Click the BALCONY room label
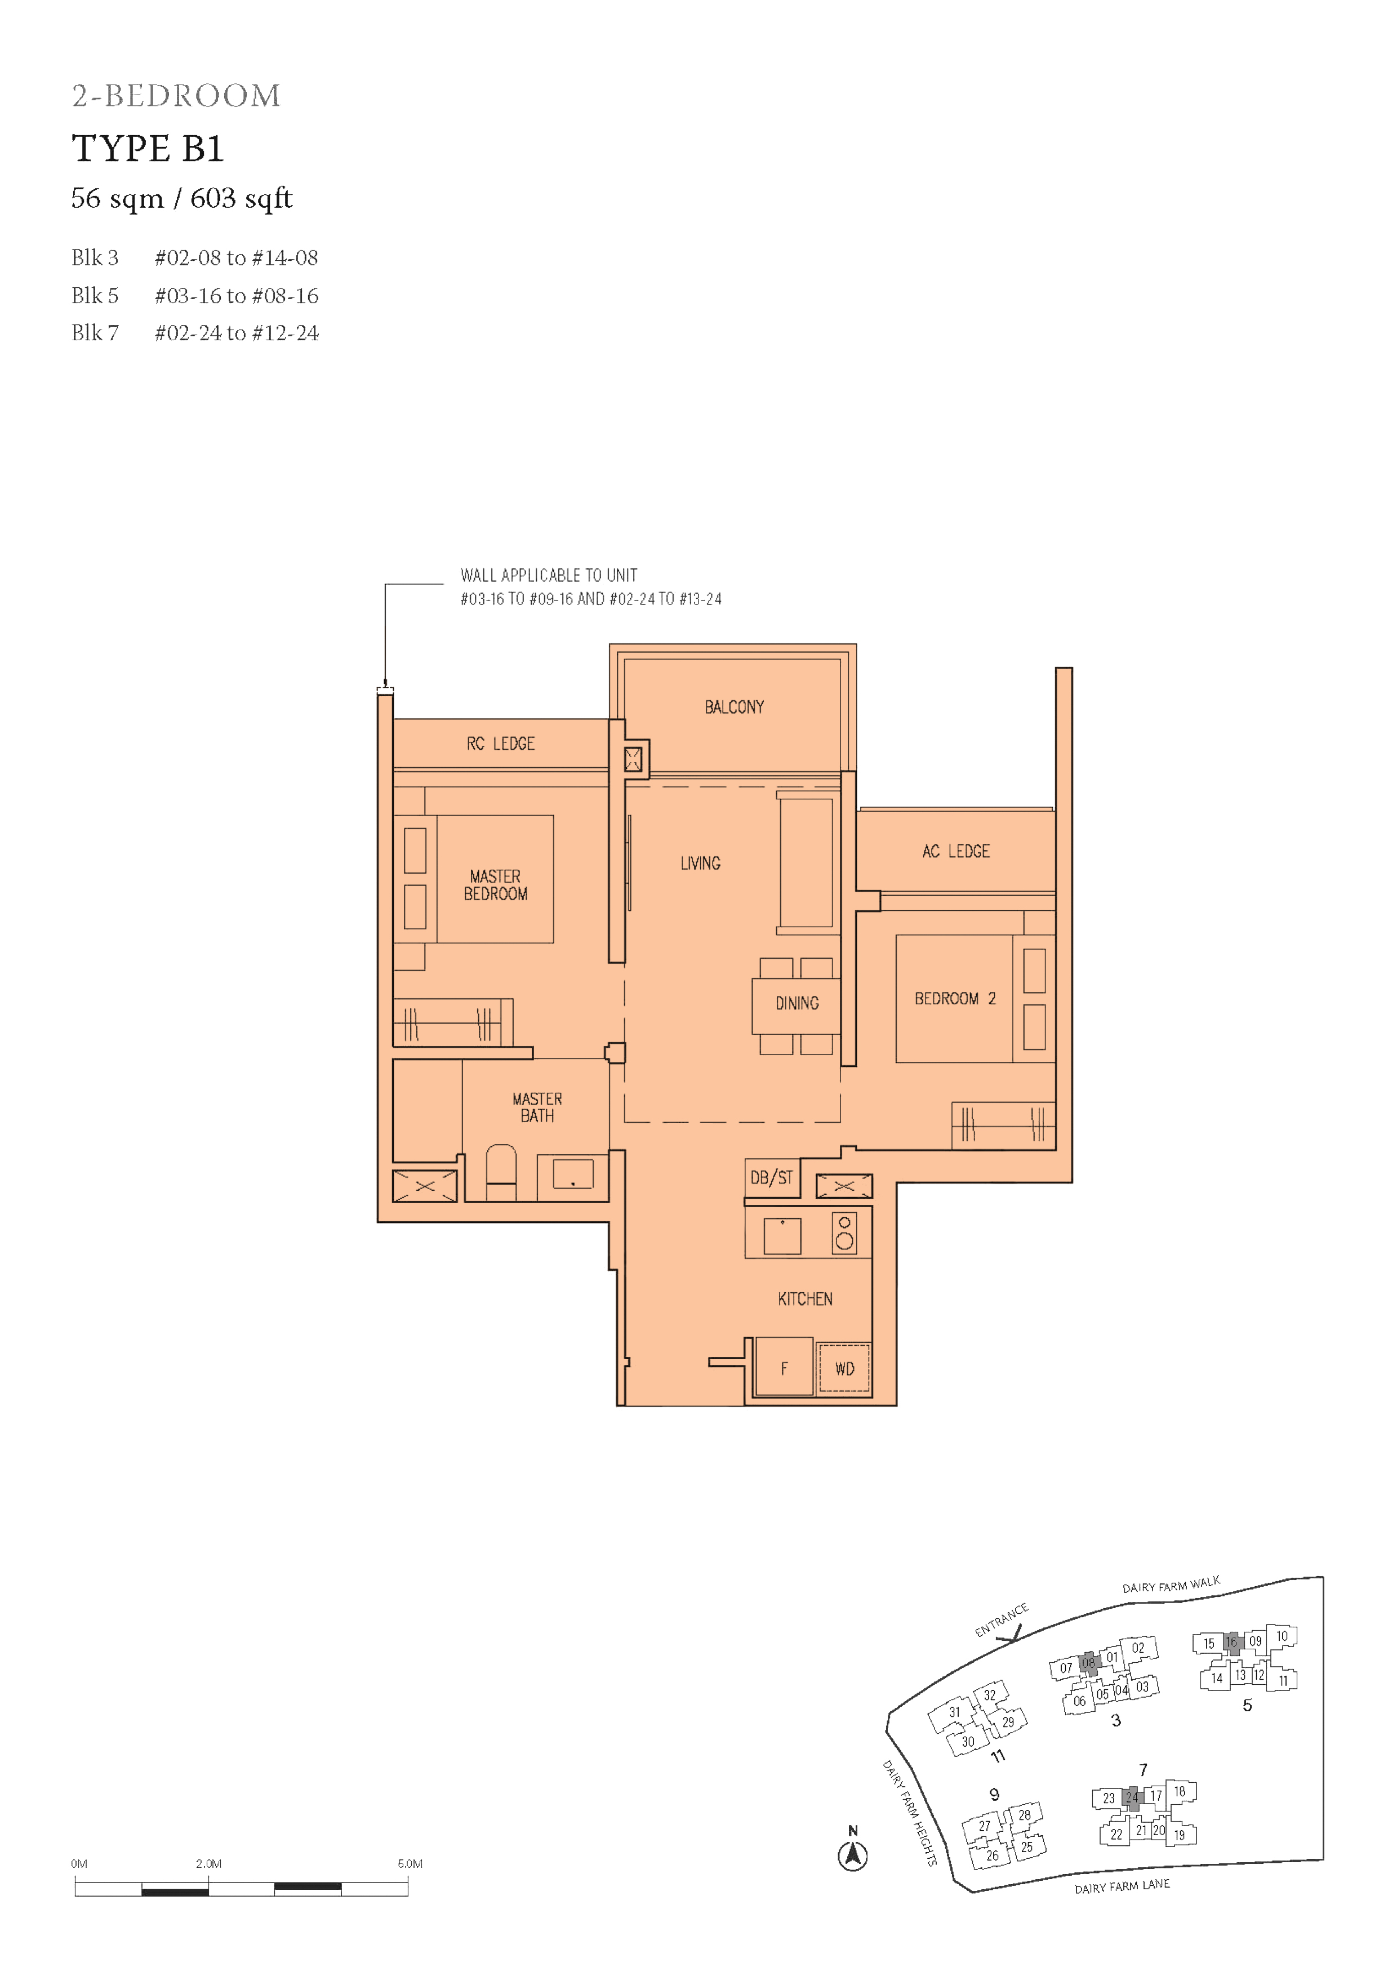[x=734, y=706]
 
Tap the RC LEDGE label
[x=500, y=744]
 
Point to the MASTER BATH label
[x=537, y=1107]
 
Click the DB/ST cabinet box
[x=771, y=1177]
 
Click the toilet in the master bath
[x=501, y=1172]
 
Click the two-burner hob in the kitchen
[x=844, y=1232]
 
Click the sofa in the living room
[x=807, y=863]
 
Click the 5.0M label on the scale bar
[x=410, y=1863]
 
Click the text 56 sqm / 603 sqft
[x=181, y=199]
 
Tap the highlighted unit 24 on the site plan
[x=1131, y=1797]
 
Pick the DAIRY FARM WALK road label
[x=1171, y=1585]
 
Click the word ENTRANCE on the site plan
[x=1001, y=1619]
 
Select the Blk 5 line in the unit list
[x=194, y=295]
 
